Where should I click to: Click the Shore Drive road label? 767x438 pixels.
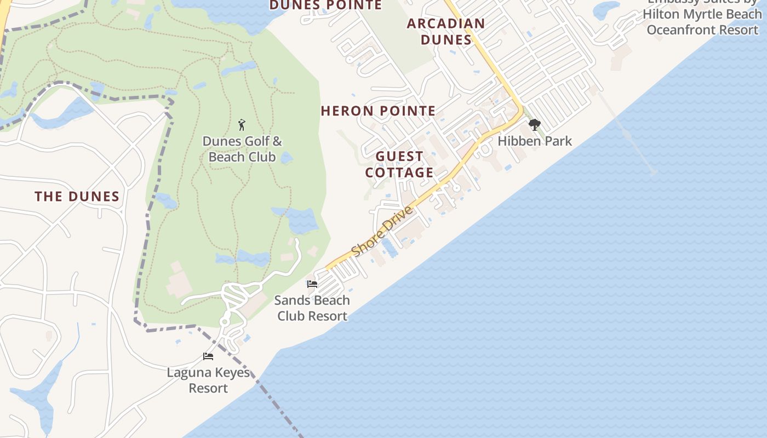tap(382, 232)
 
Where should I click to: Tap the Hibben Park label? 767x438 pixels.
tap(534, 141)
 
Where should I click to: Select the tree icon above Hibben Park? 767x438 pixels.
tap(534, 125)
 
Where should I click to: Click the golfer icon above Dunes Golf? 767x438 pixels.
tap(242, 125)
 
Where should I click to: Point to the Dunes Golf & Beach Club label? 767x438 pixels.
tap(242, 149)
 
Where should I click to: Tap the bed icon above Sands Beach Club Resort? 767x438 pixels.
tap(312, 284)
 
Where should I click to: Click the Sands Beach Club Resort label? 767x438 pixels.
tap(312, 308)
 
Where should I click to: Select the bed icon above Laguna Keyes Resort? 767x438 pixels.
tap(208, 356)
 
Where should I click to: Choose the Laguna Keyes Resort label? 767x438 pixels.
tap(208, 381)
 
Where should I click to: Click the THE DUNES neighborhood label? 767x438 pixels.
tap(77, 197)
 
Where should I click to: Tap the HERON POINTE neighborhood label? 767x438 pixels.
tap(378, 111)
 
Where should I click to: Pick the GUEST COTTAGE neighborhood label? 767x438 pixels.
tap(399, 165)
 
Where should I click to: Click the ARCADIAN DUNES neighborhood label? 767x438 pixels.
tap(446, 32)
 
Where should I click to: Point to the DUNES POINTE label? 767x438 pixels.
tap(325, 5)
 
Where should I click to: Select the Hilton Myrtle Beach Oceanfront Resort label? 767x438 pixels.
tap(703, 22)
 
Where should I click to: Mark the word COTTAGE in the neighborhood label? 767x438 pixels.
tap(399, 173)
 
